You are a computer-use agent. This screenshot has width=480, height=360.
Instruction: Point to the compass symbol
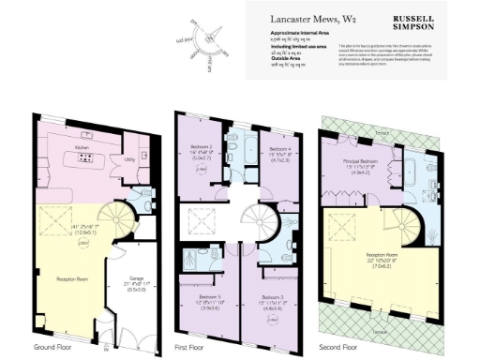coord(214,50)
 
